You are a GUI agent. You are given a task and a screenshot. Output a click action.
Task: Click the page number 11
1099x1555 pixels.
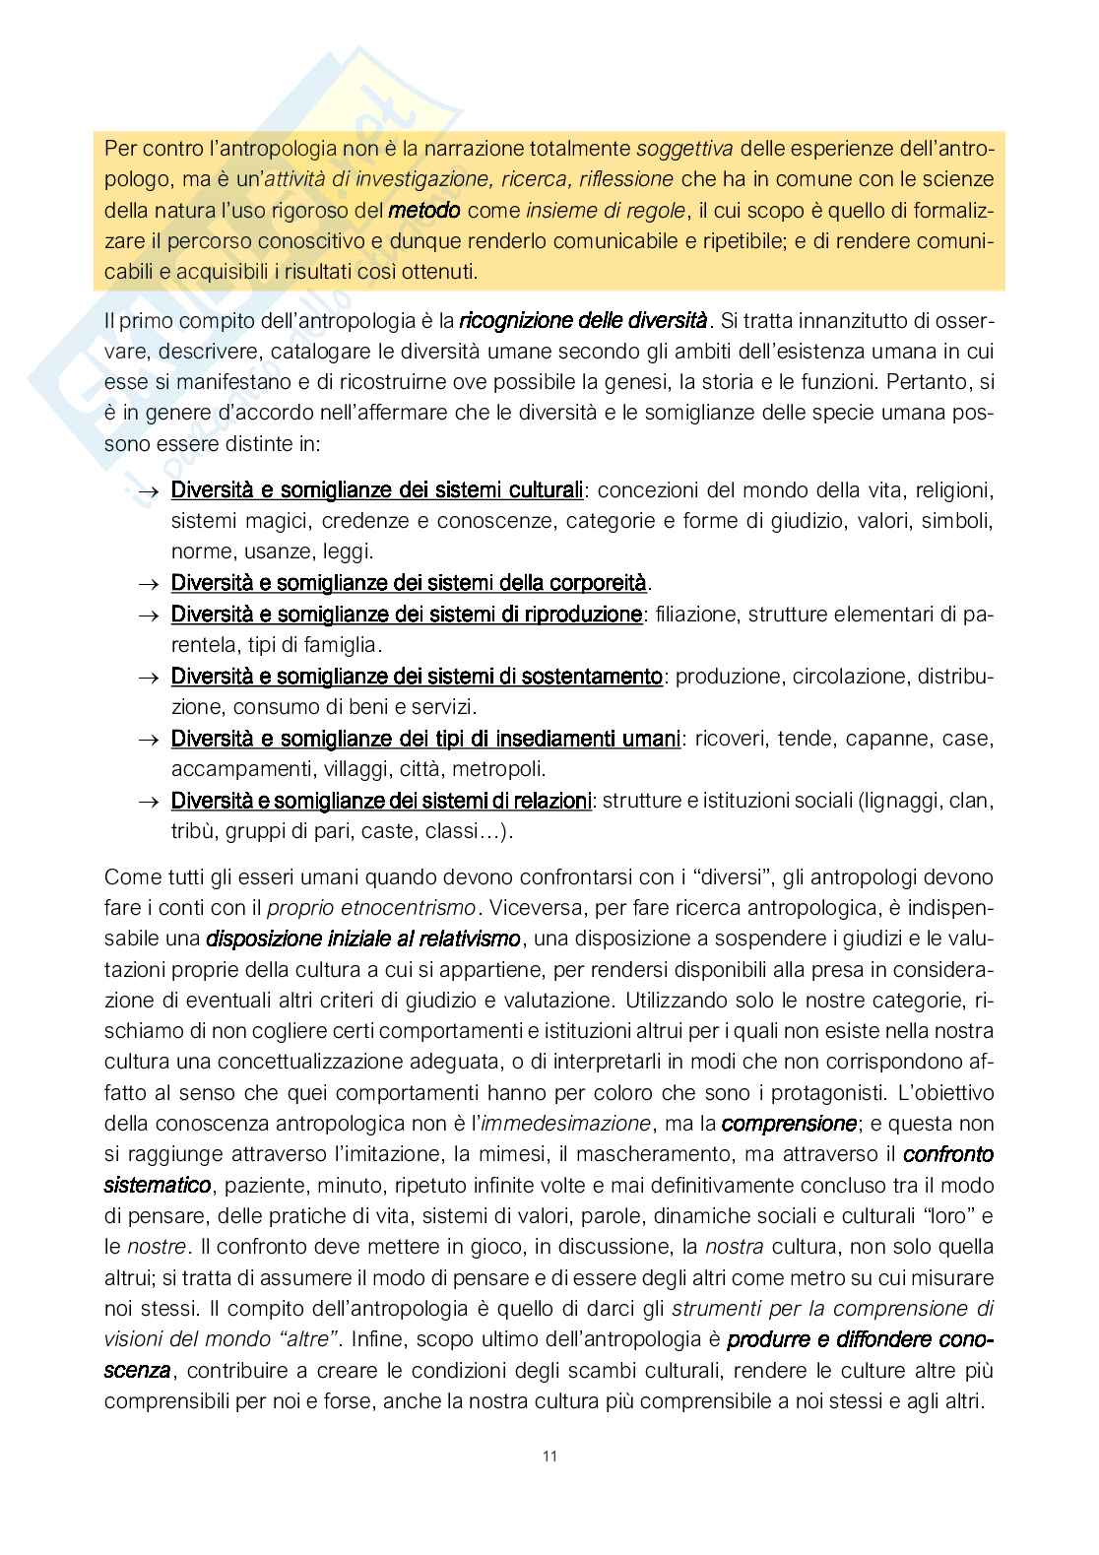pyautogui.click(x=549, y=1457)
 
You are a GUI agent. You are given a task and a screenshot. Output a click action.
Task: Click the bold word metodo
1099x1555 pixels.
pyautogui.click(x=424, y=210)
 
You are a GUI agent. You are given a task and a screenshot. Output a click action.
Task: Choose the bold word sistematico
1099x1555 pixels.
pyautogui.click(x=158, y=1185)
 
